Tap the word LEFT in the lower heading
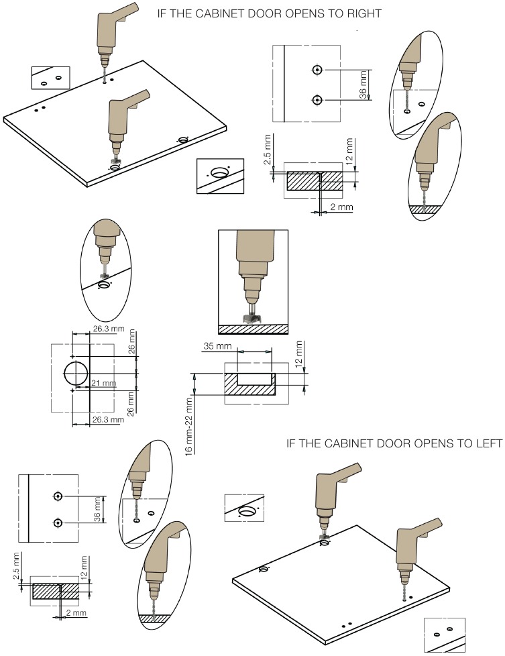pos(488,443)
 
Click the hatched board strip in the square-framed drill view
pos(254,329)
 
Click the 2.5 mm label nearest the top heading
pos(268,149)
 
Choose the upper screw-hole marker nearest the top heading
pos(317,70)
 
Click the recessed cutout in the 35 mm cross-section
pos(255,377)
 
